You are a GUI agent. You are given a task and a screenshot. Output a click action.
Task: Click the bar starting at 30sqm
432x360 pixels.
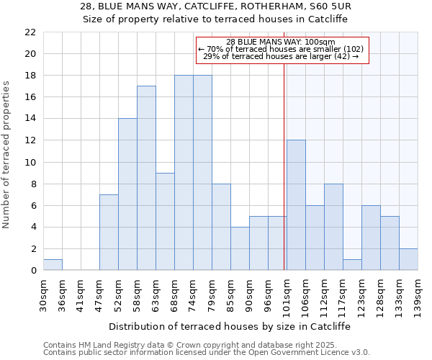coord(53,265)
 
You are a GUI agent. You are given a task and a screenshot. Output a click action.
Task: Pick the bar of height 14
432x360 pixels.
coord(127,194)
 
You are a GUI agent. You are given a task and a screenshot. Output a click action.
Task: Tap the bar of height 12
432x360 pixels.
coord(296,205)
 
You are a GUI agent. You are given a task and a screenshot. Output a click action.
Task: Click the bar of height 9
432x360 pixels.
coord(165,221)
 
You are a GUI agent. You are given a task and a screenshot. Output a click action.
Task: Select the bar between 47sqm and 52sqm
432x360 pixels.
coord(109,232)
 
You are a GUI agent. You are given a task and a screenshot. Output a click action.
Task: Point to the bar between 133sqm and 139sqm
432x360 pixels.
coord(408,259)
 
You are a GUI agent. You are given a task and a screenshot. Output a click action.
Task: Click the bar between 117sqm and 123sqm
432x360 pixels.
coord(352,264)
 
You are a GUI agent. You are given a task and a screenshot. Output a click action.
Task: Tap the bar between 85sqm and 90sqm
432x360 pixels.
coord(240,248)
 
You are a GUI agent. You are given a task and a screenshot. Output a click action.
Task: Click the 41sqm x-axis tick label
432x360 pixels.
coord(81,292)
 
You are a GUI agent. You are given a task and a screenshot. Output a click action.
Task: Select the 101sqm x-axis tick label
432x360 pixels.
coord(287,294)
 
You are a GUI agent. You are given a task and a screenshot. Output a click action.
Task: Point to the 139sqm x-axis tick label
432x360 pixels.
coord(418,294)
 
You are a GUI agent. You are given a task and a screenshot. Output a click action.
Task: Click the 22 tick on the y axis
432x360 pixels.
coord(30,32)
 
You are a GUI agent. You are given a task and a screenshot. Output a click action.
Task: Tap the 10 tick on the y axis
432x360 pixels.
coord(30,162)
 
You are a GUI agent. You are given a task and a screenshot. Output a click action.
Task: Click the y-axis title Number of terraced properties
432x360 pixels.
coord(7,155)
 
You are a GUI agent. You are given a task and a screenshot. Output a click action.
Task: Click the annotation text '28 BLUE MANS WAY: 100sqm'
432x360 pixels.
coord(281,42)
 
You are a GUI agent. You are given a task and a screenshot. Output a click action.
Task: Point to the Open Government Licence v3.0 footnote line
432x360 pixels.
coord(207,353)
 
